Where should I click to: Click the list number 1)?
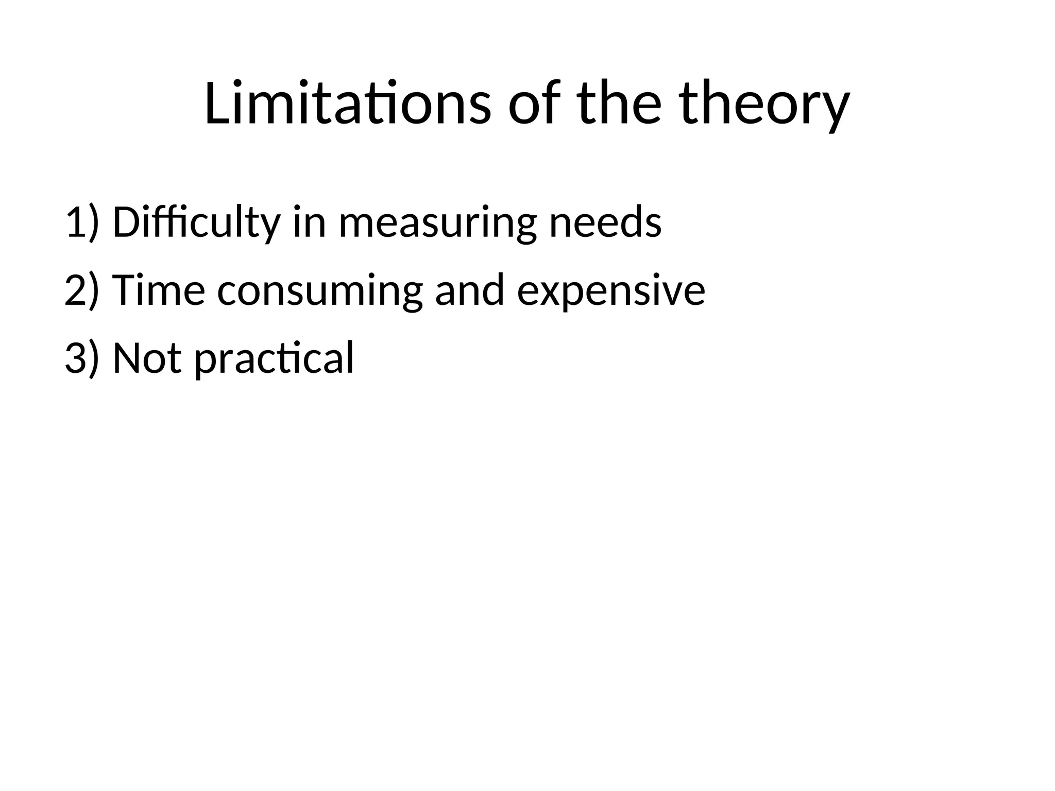point(81,222)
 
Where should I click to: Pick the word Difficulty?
point(196,222)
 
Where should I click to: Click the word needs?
point(605,222)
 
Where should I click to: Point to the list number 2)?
point(81,290)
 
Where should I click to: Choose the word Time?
point(159,290)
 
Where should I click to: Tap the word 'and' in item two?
point(469,290)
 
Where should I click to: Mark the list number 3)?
point(81,358)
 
